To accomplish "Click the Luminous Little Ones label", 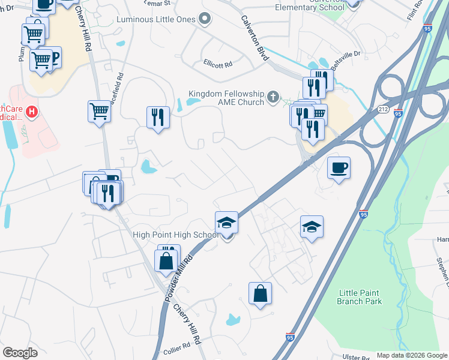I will click(x=155, y=19).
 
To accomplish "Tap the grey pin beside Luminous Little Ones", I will click(x=205, y=19).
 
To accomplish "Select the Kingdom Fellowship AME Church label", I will click(x=226, y=98).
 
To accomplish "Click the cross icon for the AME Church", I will click(x=273, y=96).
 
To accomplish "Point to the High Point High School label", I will click(x=175, y=235).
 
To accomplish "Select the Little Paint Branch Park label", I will click(x=360, y=297).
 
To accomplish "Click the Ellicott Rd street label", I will click(x=218, y=62).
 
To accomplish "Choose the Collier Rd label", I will click(x=176, y=346).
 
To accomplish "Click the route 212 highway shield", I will click(x=383, y=110).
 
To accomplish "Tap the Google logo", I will click(x=20, y=353).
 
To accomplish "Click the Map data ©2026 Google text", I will click(x=412, y=355).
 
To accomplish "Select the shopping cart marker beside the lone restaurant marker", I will click(x=100, y=110).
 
